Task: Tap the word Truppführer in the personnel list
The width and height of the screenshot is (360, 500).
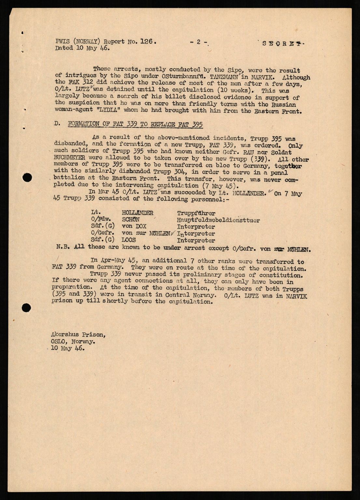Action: [x=196, y=213]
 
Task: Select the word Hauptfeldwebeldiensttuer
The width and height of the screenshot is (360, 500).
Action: [x=218, y=220]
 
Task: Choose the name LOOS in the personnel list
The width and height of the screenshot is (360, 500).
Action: [x=129, y=240]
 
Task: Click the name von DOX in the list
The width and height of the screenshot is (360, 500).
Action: [x=134, y=227]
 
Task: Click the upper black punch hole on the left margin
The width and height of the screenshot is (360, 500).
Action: [x=28, y=177]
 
